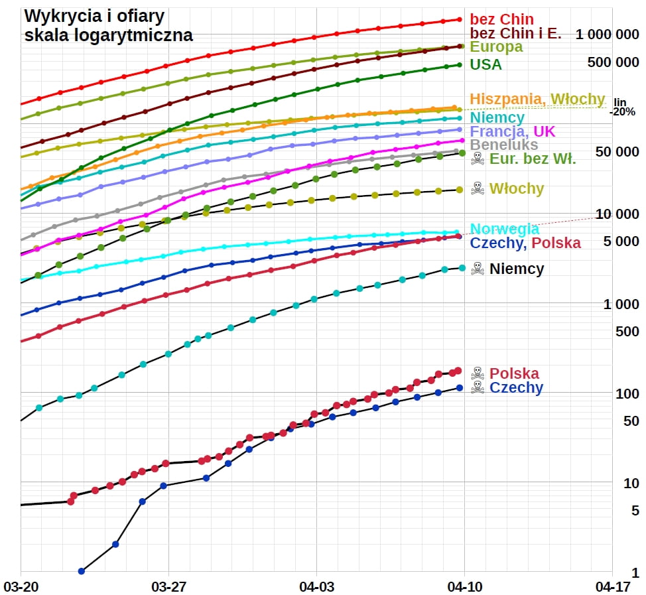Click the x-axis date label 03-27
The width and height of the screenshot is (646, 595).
[x=168, y=586]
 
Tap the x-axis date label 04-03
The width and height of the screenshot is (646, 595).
[x=316, y=586]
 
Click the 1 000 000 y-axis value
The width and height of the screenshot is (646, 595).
[x=608, y=34]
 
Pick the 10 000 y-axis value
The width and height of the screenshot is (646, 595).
[x=617, y=214]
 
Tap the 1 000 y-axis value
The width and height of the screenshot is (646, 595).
[x=621, y=304]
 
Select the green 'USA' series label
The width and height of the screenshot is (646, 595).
[x=485, y=65]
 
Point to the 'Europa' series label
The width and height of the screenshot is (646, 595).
[x=496, y=47]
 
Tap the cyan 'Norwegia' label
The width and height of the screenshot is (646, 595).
[x=504, y=229]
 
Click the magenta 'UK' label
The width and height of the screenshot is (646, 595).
[x=543, y=131]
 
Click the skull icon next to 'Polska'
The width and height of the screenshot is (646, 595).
[x=478, y=373]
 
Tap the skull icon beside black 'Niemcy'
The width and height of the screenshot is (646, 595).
[x=478, y=269]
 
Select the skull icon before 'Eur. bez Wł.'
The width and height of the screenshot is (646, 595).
[x=478, y=159]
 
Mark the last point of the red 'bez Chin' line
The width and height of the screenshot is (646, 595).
[x=459, y=19]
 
